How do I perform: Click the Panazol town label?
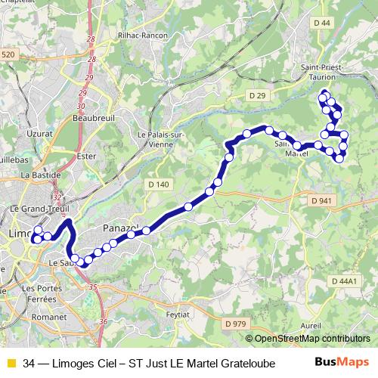click(118, 227)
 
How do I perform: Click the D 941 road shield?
click(321, 200)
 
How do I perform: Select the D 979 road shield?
click(235, 324)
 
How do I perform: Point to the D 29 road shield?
click(258, 94)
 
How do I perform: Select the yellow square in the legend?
click(11, 364)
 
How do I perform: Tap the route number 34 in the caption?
click(29, 364)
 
